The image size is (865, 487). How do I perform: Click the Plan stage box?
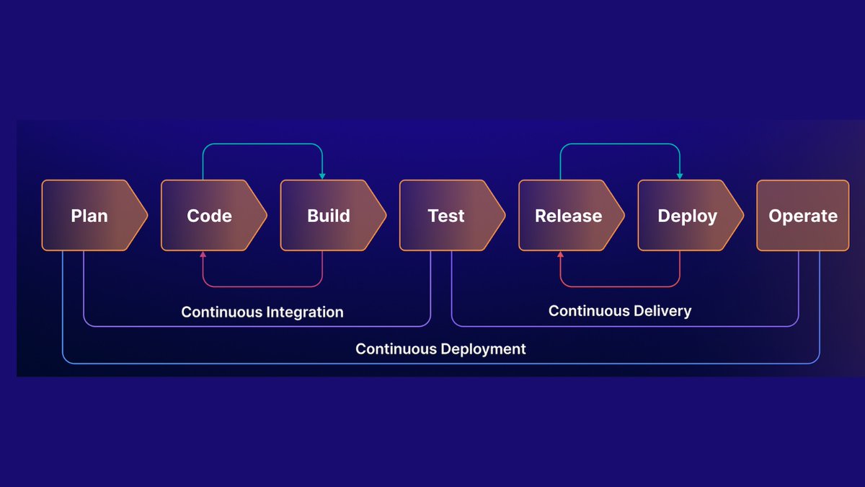click(x=90, y=216)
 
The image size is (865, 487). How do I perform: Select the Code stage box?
click(x=210, y=216)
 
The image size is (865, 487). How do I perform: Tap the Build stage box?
click(x=329, y=216)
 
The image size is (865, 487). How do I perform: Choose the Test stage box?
click(x=447, y=216)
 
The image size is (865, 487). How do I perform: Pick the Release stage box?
click(x=568, y=216)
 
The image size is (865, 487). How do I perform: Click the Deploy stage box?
click(x=687, y=216)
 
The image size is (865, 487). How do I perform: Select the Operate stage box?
click(x=802, y=216)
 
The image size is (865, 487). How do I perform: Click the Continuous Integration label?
click(x=262, y=312)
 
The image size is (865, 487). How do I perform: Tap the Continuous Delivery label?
click(x=620, y=311)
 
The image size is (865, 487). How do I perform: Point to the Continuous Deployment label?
click(x=440, y=349)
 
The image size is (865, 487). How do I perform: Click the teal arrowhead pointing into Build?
click(x=322, y=176)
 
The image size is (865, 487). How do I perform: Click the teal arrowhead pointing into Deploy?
click(x=680, y=176)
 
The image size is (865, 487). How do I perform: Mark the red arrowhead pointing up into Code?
click(x=203, y=255)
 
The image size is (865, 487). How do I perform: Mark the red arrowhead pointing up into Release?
click(x=560, y=255)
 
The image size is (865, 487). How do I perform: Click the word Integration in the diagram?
click(x=304, y=312)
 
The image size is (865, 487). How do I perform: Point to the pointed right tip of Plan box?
click(x=146, y=216)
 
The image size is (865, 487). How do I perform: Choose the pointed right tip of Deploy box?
click(x=742, y=216)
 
